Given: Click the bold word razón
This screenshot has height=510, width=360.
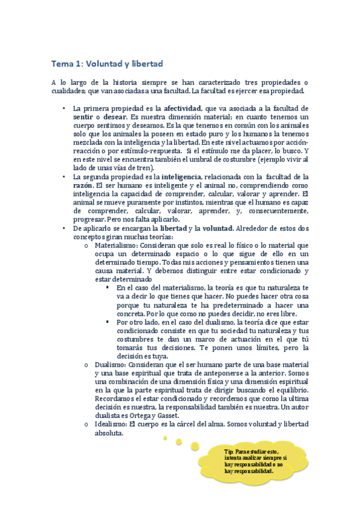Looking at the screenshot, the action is [83, 185].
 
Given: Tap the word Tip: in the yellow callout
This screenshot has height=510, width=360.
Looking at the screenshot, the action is [229, 451].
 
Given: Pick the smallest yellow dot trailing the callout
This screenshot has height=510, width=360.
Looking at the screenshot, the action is [165, 437].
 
